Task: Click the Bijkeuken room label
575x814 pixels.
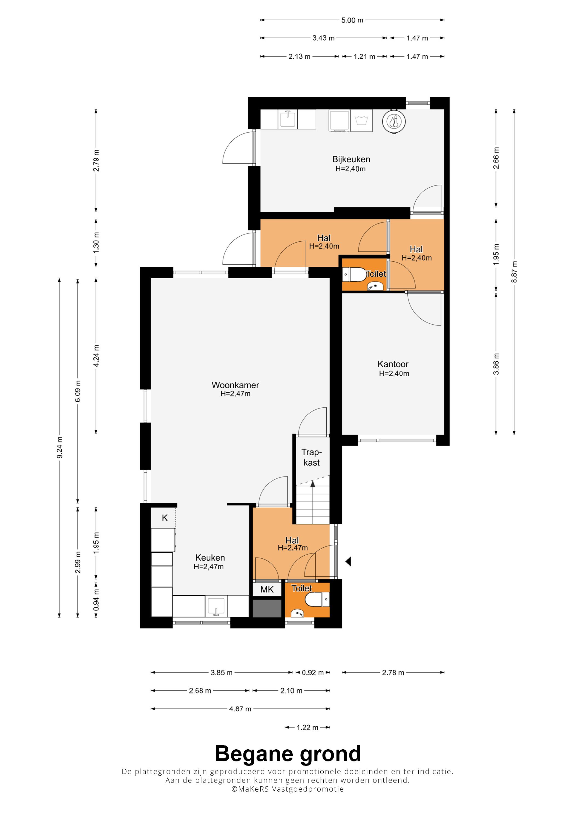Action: pos(351,159)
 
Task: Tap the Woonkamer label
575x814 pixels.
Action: pos(235,385)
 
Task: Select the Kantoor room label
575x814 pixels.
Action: pos(393,364)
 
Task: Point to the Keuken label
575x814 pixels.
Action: pos(210,558)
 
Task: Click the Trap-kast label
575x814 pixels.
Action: pos(311,457)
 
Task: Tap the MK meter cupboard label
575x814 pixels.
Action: pos(267,590)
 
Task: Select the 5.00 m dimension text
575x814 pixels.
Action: pos(352,20)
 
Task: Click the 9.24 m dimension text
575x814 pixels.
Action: pos(59,447)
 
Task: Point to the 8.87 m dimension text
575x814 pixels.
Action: pos(514,272)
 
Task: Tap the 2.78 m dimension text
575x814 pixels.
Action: pos(393,673)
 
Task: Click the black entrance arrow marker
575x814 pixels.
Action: pos(348,561)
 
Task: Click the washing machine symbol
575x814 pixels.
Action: pos(361,121)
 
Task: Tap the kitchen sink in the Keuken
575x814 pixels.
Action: pos(216,607)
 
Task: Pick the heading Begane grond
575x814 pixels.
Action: pos(288,754)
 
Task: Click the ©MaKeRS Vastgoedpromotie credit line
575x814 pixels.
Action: pos(287,789)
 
